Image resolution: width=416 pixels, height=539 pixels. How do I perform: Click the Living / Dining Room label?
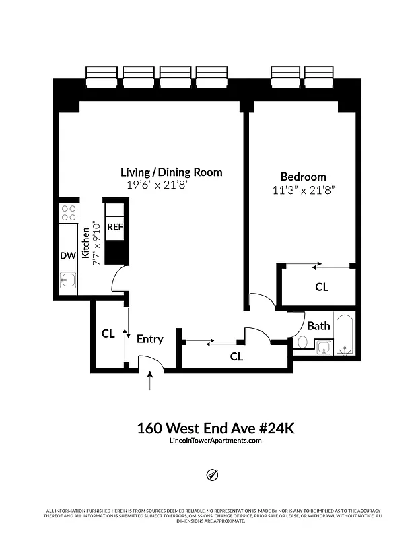point(171,172)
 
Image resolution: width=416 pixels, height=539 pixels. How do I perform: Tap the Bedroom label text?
point(304,177)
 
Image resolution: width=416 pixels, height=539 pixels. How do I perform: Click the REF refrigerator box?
point(114,227)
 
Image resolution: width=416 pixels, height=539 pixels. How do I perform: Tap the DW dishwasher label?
point(67,255)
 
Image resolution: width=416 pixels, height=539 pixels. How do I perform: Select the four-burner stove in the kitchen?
point(68,213)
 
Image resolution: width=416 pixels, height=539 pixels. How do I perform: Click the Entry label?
point(149,339)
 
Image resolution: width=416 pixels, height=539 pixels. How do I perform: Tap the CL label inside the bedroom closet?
point(322,287)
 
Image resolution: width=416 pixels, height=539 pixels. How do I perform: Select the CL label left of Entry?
point(108,334)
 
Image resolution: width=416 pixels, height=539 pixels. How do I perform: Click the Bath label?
point(318,325)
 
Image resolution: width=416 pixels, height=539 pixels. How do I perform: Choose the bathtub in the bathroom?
point(346,335)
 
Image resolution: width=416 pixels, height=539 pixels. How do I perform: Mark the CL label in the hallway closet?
point(236,357)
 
